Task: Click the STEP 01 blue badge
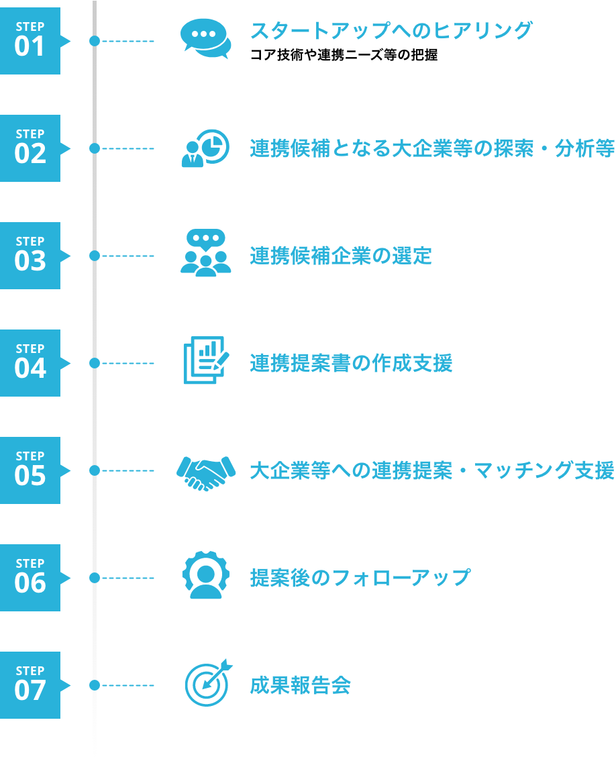coord(30,41)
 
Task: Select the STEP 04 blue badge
coord(30,363)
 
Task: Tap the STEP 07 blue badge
coord(30,685)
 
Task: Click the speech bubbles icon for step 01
coord(205,38)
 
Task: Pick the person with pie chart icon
coord(205,148)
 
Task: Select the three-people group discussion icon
coord(205,253)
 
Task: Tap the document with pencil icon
coord(205,360)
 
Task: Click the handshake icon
coord(205,472)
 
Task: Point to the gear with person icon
coord(205,575)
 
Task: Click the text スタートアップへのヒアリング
coord(391,30)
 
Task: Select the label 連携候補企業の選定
coord(341,256)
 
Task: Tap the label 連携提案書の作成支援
coord(351,363)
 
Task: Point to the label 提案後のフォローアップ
coord(360,578)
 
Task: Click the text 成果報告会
coord(301,685)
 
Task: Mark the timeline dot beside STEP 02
coord(95,148)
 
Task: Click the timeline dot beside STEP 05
coord(95,470)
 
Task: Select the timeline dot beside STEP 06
coord(95,578)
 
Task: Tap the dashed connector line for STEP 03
coord(128,256)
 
